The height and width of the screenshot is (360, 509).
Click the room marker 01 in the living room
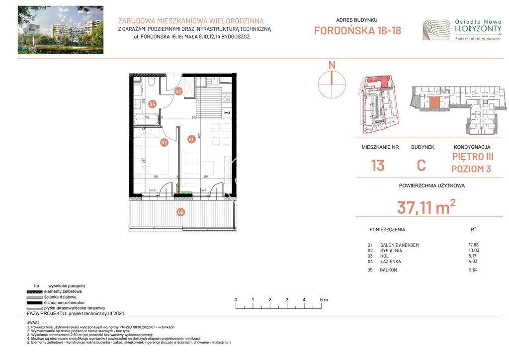click(191, 139)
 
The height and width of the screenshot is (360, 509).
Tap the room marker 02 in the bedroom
click(164, 142)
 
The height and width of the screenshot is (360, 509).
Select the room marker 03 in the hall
click(178, 91)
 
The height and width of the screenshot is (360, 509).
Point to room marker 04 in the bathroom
click(152, 104)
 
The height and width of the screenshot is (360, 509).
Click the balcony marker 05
click(180, 212)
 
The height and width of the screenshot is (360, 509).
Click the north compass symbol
click(332, 84)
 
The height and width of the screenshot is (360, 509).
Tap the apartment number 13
click(377, 166)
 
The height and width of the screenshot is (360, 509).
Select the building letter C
click(421, 166)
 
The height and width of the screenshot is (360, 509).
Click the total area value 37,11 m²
click(426, 207)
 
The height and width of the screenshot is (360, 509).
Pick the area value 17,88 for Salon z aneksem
click(467, 245)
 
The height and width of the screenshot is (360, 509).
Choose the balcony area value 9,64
click(467, 270)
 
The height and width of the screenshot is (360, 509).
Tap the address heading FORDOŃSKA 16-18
click(357, 31)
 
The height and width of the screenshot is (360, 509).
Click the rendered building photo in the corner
click(61, 30)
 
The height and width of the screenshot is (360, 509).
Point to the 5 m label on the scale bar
click(324, 300)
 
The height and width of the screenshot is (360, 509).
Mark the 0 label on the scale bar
click(236, 300)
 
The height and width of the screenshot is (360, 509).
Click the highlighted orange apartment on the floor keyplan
click(434, 103)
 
